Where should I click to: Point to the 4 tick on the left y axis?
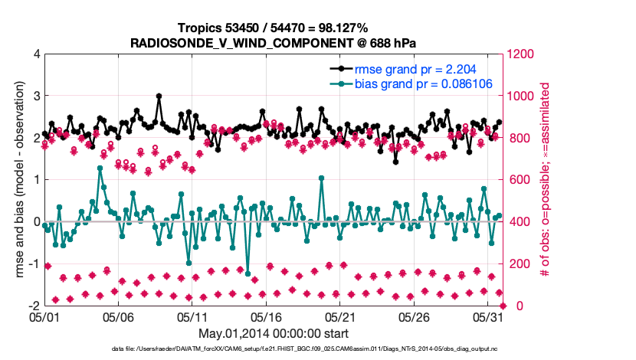[36, 54]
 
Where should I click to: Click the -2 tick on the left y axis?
[34, 306]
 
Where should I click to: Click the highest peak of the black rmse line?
[159, 97]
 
